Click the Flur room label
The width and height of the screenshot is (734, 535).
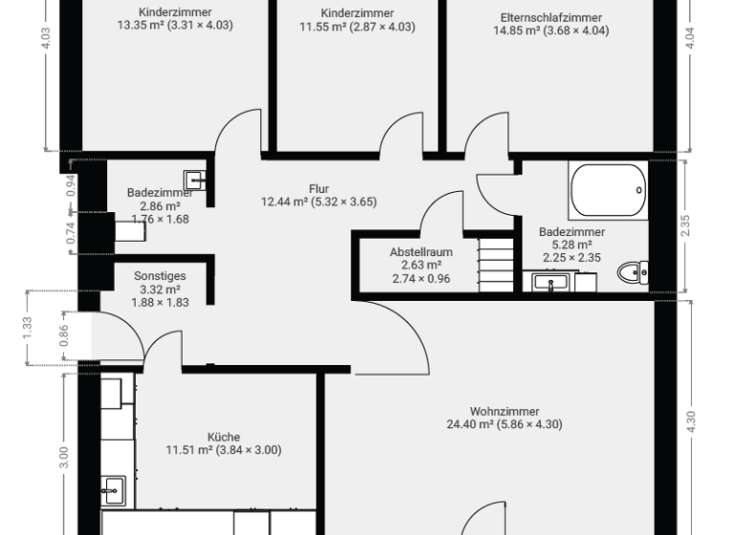pos(319,188)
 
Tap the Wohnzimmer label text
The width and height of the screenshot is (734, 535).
pos(505,412)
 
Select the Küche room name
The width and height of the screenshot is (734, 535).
pos(224,437)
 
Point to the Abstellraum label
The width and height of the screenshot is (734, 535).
pos(421,252)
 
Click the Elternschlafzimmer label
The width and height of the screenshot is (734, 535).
pos(550,17)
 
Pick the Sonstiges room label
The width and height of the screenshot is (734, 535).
pos(160,276)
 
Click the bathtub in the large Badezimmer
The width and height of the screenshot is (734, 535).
pos(608,190)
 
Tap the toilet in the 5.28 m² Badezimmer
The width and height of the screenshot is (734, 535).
pos(631,273)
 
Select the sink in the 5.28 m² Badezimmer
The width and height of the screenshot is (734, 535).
pos(549,282)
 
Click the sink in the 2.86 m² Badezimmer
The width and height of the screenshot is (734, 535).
pos(194,178)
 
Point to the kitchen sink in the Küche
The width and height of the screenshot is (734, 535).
pos(113,489)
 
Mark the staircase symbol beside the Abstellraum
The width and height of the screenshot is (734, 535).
pos(496,264)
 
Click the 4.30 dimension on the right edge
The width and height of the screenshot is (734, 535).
pos(691,421)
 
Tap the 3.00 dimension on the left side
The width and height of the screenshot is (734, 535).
pos(64,456)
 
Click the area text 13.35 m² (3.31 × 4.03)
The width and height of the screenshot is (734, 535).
pos(175,26)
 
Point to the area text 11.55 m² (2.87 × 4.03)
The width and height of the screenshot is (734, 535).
pos(357,27)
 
